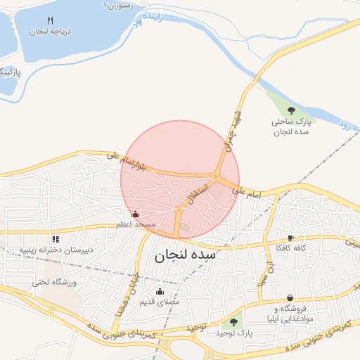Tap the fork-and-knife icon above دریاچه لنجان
click(49, 20)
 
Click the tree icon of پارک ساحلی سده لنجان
click(292, 110)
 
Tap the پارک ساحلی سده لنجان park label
click(291, 127)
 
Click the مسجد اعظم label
click(136, 225)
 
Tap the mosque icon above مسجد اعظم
click(136, 213)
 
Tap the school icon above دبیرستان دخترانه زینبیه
click(56, 239)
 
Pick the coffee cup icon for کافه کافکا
click(291, 238)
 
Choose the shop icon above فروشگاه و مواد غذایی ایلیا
click(290, 298)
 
